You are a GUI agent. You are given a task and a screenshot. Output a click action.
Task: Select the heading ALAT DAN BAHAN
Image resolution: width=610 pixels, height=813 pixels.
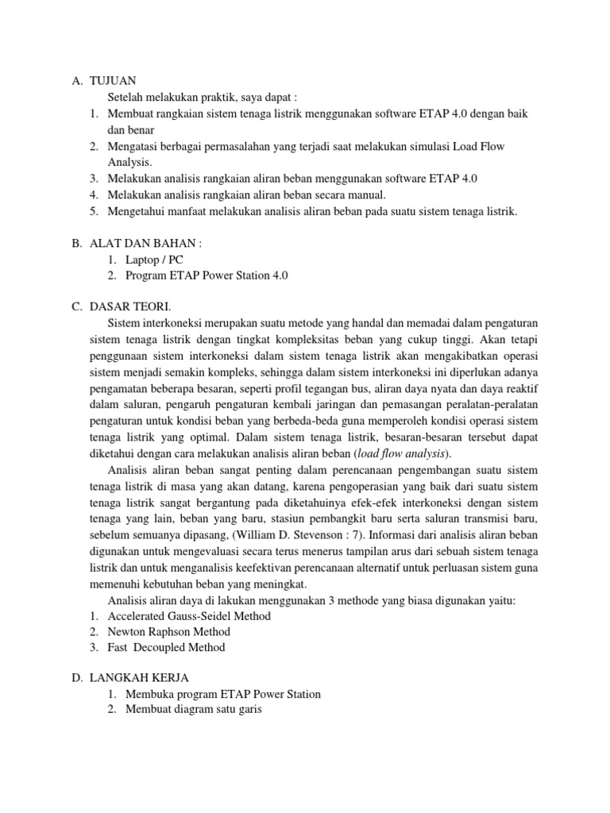point(137,244)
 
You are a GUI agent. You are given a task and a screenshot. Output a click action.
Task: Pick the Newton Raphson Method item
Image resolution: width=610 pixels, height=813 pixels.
point(178,631)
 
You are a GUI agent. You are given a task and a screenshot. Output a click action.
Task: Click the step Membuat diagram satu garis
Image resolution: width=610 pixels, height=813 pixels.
point(193,710)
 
